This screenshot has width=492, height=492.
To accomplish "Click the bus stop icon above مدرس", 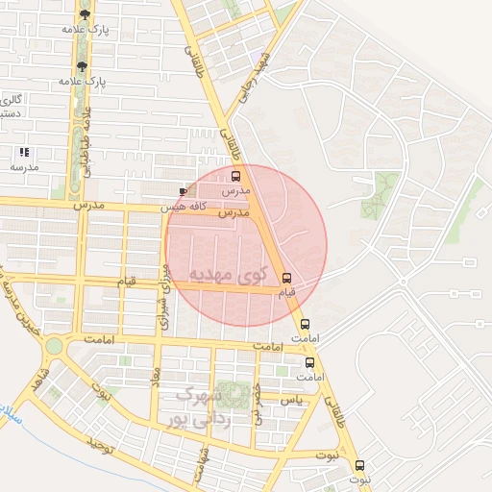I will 236,176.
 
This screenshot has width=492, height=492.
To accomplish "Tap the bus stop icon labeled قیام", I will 285,278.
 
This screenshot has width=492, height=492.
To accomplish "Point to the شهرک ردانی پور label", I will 213,406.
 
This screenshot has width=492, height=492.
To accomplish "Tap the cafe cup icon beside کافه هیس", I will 183,192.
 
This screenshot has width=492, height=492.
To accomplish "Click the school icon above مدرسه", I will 24,152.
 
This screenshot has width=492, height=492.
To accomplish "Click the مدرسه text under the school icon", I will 24,166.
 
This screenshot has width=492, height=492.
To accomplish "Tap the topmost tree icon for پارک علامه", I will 86,14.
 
